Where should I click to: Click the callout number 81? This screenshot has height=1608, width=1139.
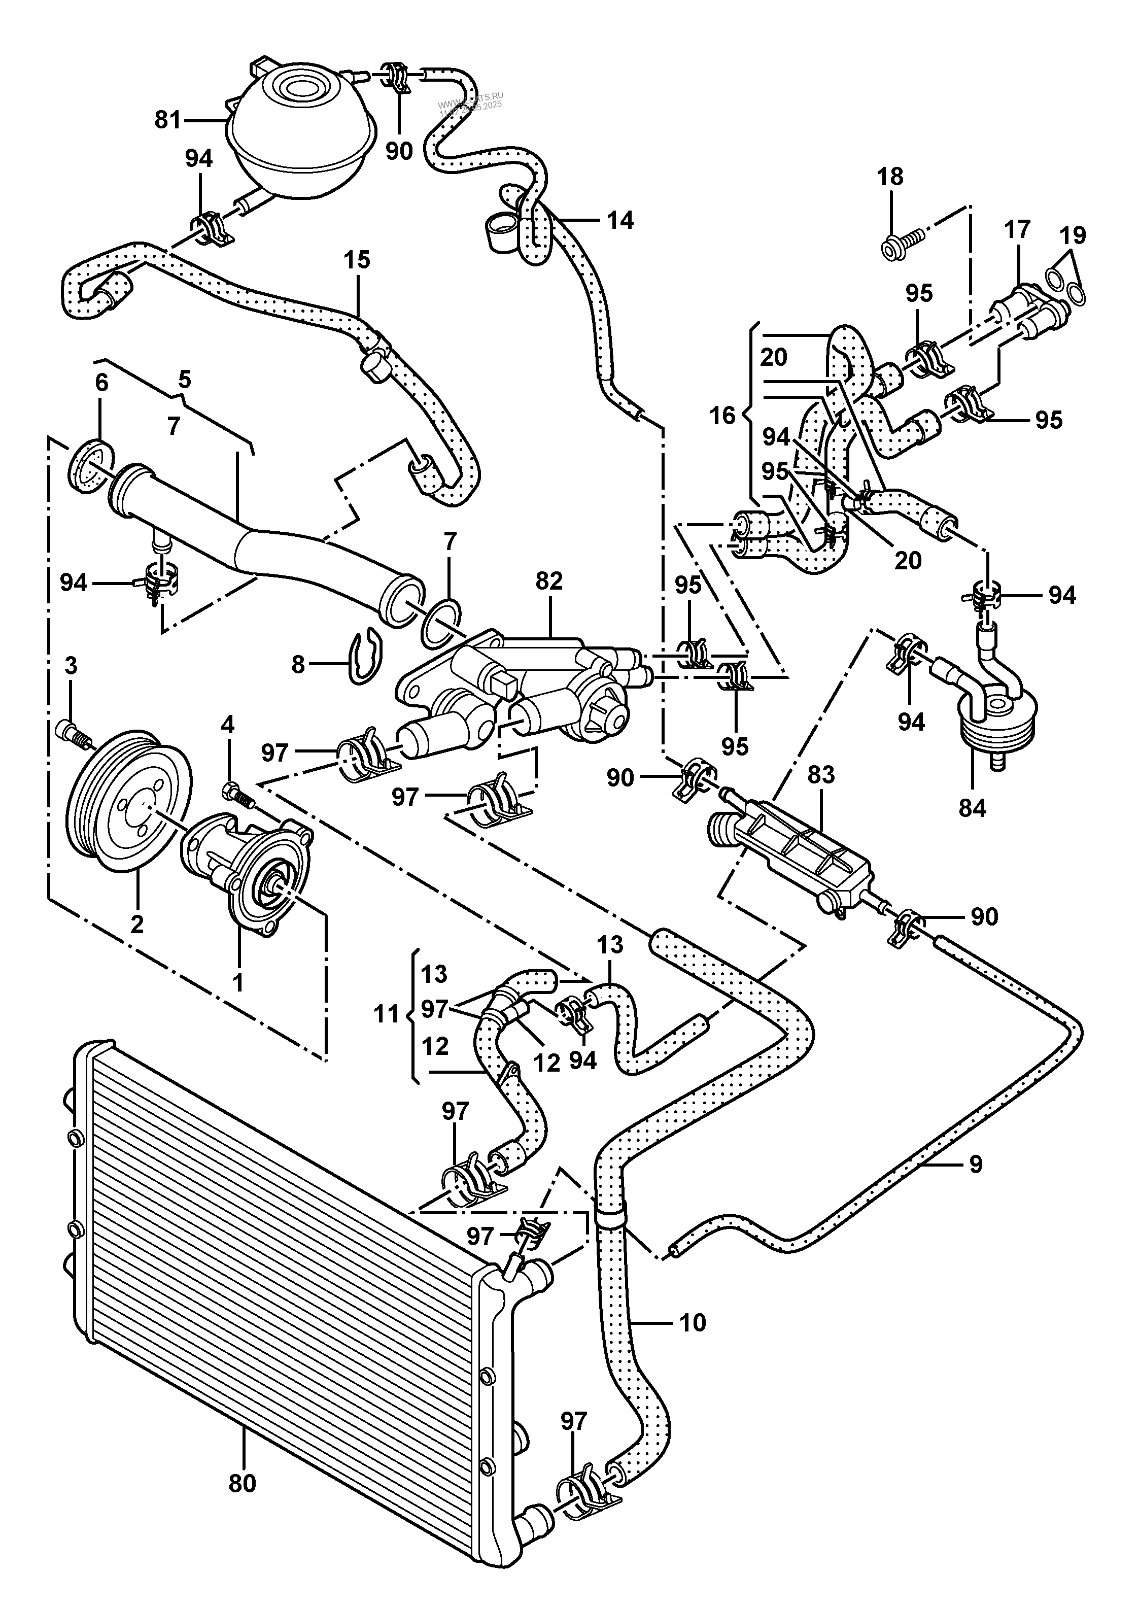pos(167,121)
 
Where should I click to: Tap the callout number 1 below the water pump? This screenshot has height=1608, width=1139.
pos(238,983)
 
